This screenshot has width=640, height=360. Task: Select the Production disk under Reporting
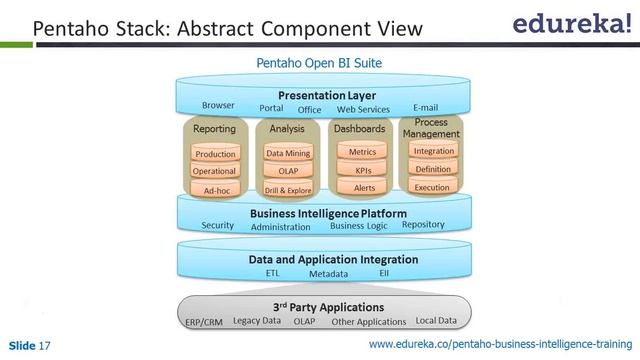(215, 154)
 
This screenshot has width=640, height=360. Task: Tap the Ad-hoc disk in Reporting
(215, 190)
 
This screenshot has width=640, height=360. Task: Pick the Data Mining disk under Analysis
(287, 154)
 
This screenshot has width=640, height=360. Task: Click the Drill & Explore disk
(287, 190)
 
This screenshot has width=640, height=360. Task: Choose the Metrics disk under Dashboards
(362, 153)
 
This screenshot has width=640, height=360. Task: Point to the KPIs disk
(362, 171)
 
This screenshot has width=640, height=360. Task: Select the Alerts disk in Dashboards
(362, 188)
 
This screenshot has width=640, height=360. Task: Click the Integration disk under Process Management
(433, 152)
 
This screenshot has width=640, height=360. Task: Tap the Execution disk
(433, 187)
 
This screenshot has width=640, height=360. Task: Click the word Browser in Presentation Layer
(218, 105)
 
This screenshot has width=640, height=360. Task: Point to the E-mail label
(426, 106)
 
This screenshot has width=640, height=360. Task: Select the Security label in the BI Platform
(217, 225)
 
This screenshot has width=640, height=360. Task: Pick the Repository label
(423, 225)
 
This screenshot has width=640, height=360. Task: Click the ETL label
(273, 272)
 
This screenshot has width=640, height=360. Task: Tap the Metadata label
(328, 273)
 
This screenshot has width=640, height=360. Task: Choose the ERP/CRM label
(204, 322)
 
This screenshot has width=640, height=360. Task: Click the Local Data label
(436, 321)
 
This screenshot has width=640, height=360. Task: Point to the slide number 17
(45, 345)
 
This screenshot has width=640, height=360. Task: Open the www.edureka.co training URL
(501, 345)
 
